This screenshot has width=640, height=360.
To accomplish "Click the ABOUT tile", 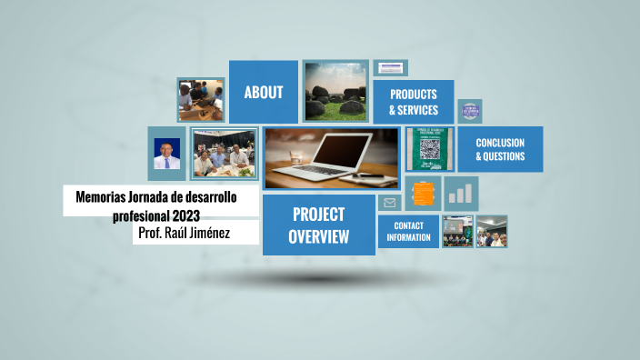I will pos(263,92).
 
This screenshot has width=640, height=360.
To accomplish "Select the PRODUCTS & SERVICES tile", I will pos(413,102).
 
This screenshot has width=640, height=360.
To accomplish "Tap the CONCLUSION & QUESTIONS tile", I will pos(499,149).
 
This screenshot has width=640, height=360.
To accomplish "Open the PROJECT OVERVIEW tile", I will pos(318,225).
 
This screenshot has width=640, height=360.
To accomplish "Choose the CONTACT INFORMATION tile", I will pos(408,231).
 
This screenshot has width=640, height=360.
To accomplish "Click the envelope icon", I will pos(389,203).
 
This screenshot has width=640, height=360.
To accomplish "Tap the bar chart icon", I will pos(462,194).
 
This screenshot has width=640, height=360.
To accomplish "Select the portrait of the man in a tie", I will pos(167,153).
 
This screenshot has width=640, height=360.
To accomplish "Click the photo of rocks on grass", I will pos(335,91).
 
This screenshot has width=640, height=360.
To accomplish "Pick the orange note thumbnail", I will pos(423,194).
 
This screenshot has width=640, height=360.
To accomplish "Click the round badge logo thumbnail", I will pos(470,111).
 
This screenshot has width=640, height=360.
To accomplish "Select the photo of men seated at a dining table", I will pos(223,154).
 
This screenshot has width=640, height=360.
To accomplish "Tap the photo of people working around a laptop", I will pos(200,99).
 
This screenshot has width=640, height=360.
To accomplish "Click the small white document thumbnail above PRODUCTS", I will pos(390,68).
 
